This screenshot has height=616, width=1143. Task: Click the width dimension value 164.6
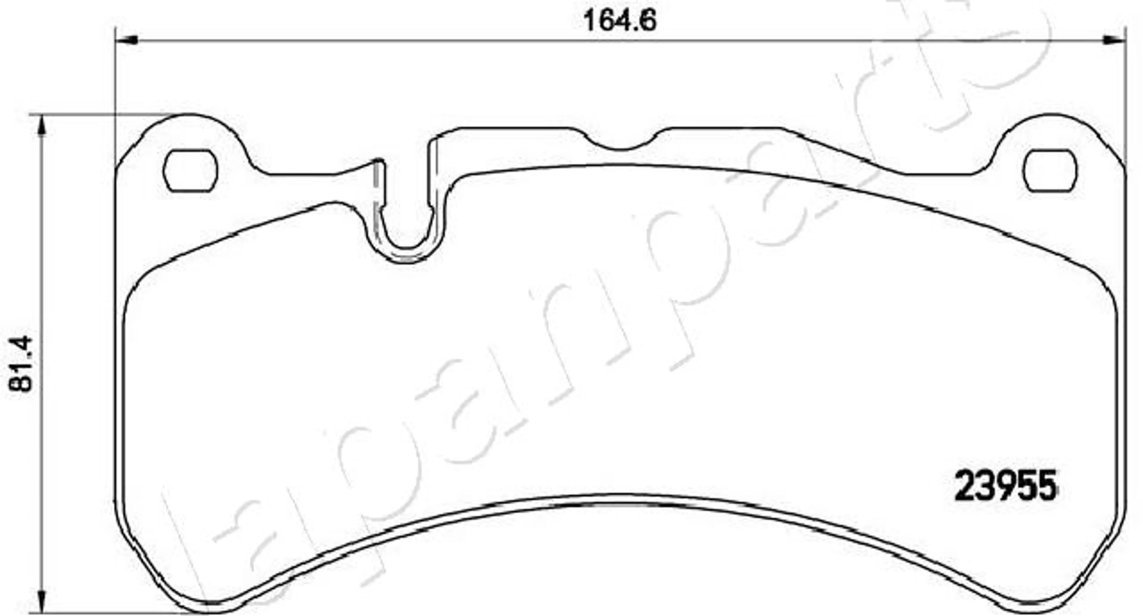(x=619, y=21)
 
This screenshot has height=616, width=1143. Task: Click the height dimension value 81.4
(x=21, y=364)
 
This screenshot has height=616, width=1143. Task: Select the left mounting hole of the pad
(x=190, y=171)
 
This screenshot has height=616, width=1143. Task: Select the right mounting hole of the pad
(x=1050, y=171)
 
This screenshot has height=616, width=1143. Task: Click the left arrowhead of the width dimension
(x=127, y=41)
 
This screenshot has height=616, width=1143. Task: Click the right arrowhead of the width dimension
(x=1114, y=41)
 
